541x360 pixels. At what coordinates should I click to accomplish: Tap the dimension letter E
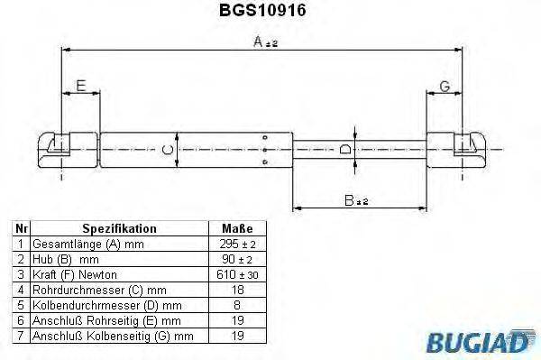click(x=80, y=87)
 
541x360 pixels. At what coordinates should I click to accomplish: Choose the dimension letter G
click(x=445, y=87)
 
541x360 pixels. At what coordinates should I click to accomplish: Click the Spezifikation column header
click(x=119, y=229)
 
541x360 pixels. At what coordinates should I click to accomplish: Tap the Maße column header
click(x=236, y=229)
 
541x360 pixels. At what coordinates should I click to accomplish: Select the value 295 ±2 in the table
click(x=236, y=245)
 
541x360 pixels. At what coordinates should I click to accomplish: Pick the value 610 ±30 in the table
click(x=236, y=273)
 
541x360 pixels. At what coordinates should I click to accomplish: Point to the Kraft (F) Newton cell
click(x=74, y=273)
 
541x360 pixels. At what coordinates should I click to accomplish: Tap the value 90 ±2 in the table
click(x=236, y=259)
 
